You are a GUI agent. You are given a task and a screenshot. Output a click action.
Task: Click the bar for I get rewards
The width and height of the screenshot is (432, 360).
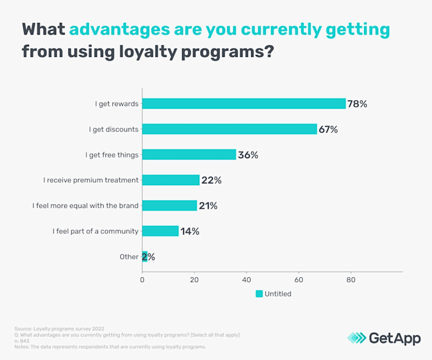[x=244, y=104]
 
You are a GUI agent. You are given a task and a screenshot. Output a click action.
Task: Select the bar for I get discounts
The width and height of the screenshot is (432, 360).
[x=230, y=129]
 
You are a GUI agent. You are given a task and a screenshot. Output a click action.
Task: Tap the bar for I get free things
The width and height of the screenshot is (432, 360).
[x=189, y=154]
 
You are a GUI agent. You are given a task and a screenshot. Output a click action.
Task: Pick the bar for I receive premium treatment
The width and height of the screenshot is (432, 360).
[x=171, y=180]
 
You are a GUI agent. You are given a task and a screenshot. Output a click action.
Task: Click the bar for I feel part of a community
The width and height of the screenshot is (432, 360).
[x=160, y=231]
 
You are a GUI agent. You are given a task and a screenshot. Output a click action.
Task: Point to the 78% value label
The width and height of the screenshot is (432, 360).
[x=357, y=104]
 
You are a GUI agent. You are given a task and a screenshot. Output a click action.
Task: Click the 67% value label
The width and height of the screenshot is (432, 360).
[x=328, y=129]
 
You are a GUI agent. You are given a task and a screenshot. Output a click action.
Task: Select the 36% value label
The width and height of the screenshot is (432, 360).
[x=248, y=155]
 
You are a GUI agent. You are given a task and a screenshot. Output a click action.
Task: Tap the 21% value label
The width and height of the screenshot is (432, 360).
[x=208, y=206]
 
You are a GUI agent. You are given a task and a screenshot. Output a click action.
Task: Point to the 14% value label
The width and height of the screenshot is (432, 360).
[x=190, y=231]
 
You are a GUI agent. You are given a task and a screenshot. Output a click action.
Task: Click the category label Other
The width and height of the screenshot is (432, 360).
[x=129, y=257]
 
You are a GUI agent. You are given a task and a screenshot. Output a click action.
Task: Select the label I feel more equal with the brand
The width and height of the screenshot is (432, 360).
[x=86, y=206]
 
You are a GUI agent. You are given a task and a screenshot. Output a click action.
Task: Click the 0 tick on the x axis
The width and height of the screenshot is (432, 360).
[x=143, y=279]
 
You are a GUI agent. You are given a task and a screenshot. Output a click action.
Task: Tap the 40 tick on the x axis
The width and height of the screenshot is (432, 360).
[x=247, y=279]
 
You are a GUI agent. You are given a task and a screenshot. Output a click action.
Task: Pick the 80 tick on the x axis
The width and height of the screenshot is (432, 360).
[x=351, y=279]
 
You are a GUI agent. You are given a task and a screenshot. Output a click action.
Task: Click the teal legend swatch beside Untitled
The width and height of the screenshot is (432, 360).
[x=259, y=294]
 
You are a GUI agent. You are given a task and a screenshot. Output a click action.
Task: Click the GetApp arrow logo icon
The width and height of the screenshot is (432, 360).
[x=357, y=338]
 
